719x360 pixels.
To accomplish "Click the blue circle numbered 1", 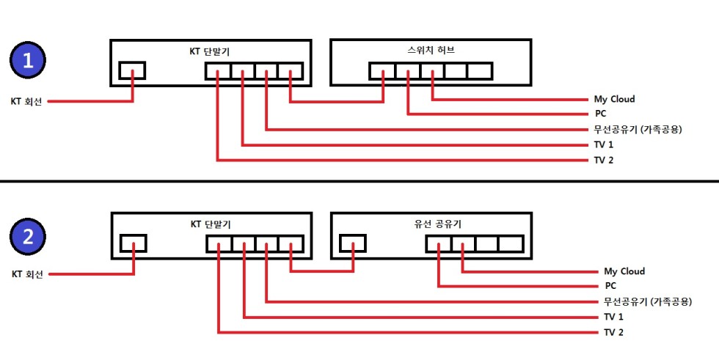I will pos(29,61).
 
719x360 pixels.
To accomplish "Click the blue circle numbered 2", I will pos(29,236).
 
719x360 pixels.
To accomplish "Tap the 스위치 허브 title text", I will pos(430,51).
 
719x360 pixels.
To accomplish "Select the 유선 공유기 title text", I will pos(430,224).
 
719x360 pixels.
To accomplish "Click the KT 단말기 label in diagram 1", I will pos(210,51).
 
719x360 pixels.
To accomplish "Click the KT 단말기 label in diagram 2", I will pos(210,224).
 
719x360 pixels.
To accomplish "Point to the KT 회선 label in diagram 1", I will pos(26,102).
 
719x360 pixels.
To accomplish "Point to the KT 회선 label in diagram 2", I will pos(27,274).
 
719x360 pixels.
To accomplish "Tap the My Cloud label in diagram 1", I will pos(614,99).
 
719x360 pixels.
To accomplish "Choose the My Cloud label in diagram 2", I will pos(624,271).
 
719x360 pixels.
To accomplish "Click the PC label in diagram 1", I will pos(599,114).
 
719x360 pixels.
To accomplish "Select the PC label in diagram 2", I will pos(610,287).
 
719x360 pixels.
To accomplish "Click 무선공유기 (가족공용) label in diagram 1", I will pos(638,129).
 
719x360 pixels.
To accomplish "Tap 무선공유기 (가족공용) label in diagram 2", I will pos(648,301).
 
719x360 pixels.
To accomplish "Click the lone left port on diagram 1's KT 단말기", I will pos(132,70).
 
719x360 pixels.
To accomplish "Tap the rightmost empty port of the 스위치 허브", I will pos(478,71).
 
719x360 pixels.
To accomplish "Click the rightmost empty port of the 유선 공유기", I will pos(509,243).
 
